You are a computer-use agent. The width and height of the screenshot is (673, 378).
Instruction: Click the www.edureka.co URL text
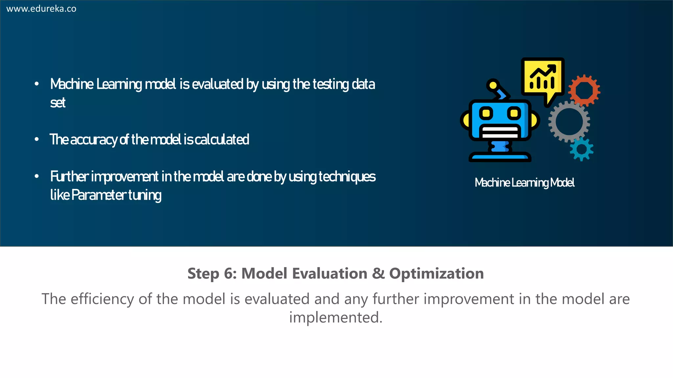[x=41, y=9]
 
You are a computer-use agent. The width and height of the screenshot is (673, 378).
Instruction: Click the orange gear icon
[x=584, y=91]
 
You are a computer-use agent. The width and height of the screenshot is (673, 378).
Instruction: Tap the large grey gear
[x=569, y=121]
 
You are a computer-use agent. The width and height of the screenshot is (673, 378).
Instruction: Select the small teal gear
[x=582, y=149]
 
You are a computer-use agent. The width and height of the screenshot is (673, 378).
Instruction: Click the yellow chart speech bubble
[x=543, y=79]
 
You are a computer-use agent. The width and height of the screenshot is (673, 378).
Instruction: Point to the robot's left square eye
[x=486, y=114]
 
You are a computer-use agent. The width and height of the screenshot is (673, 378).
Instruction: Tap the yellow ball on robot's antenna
[x=493, y=85]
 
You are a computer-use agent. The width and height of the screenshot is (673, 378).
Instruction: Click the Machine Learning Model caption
[x=524, y=183]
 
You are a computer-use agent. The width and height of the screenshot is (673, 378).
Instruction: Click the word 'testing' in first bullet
[x=331, y=84]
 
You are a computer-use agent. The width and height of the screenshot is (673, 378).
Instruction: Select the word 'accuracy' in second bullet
[x=93, y=140]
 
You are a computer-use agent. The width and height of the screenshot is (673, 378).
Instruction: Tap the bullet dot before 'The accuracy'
[x=37, y=140]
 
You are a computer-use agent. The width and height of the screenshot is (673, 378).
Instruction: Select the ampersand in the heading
[x=378, y=274]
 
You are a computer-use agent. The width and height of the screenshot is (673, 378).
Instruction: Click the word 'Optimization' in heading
[x=436, y=274]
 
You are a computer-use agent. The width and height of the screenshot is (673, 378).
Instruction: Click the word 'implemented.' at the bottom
[x=336, y=318]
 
